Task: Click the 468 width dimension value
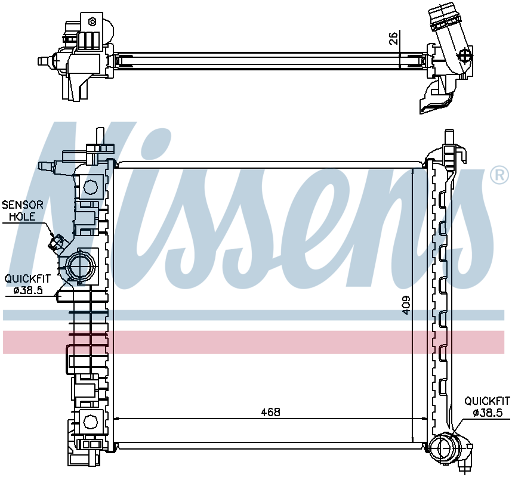pyautogui.click(x=271, y=412)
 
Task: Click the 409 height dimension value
pyautogui.click(x=406, y=305)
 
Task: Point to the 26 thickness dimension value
pyautogui.click(x=394, y=38)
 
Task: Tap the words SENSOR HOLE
pyautogui.click(x=22, y=210)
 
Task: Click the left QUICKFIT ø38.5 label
pyautogui.click(x=27, y=284)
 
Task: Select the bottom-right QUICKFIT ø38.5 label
pyautogui.click(x=487, y=407)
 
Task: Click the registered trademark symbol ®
pyautogui.click(x=499, y=175)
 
